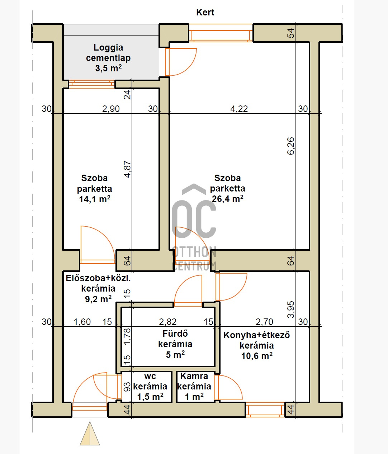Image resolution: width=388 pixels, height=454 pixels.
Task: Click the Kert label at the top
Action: pos(205,12)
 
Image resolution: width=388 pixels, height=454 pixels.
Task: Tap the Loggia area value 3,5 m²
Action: pos(108,68)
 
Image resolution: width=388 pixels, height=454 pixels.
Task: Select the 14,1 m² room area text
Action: pos(94,199)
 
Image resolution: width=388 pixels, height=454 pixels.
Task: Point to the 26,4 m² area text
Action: pos(227,199)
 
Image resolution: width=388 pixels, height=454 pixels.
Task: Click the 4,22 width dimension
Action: pos(239,109)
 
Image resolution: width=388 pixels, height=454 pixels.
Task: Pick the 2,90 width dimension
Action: pos(111,109)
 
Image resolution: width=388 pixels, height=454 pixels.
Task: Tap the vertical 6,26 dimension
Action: pos(291,146)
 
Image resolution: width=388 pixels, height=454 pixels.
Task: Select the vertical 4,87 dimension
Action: pos(127,169)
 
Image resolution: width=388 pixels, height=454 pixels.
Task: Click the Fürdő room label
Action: pos(175,334)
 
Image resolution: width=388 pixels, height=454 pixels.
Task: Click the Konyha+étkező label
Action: pos(257,335)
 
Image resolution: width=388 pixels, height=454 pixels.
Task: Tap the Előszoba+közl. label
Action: pos(98,278)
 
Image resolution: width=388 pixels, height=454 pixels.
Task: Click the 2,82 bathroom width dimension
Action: pos(168,322)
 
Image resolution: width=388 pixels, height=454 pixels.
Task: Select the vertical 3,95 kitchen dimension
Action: pos(291,309)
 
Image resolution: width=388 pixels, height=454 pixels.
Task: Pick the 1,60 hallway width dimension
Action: pos(82,322)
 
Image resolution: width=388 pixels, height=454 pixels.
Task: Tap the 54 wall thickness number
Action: pos(291,33)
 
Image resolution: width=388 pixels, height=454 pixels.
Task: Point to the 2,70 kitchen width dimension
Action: pos(264,322)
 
